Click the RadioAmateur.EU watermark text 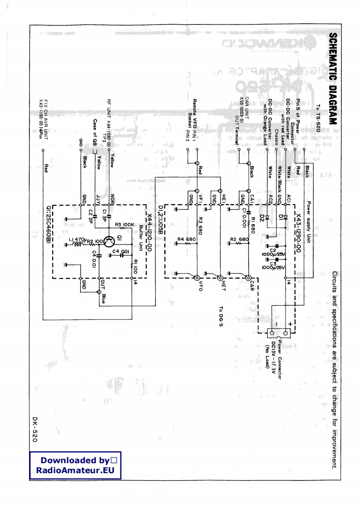75,470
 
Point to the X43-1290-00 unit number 298,233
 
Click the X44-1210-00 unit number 149,234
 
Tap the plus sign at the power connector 291,323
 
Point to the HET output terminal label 224,286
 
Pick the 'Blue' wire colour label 104,299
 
